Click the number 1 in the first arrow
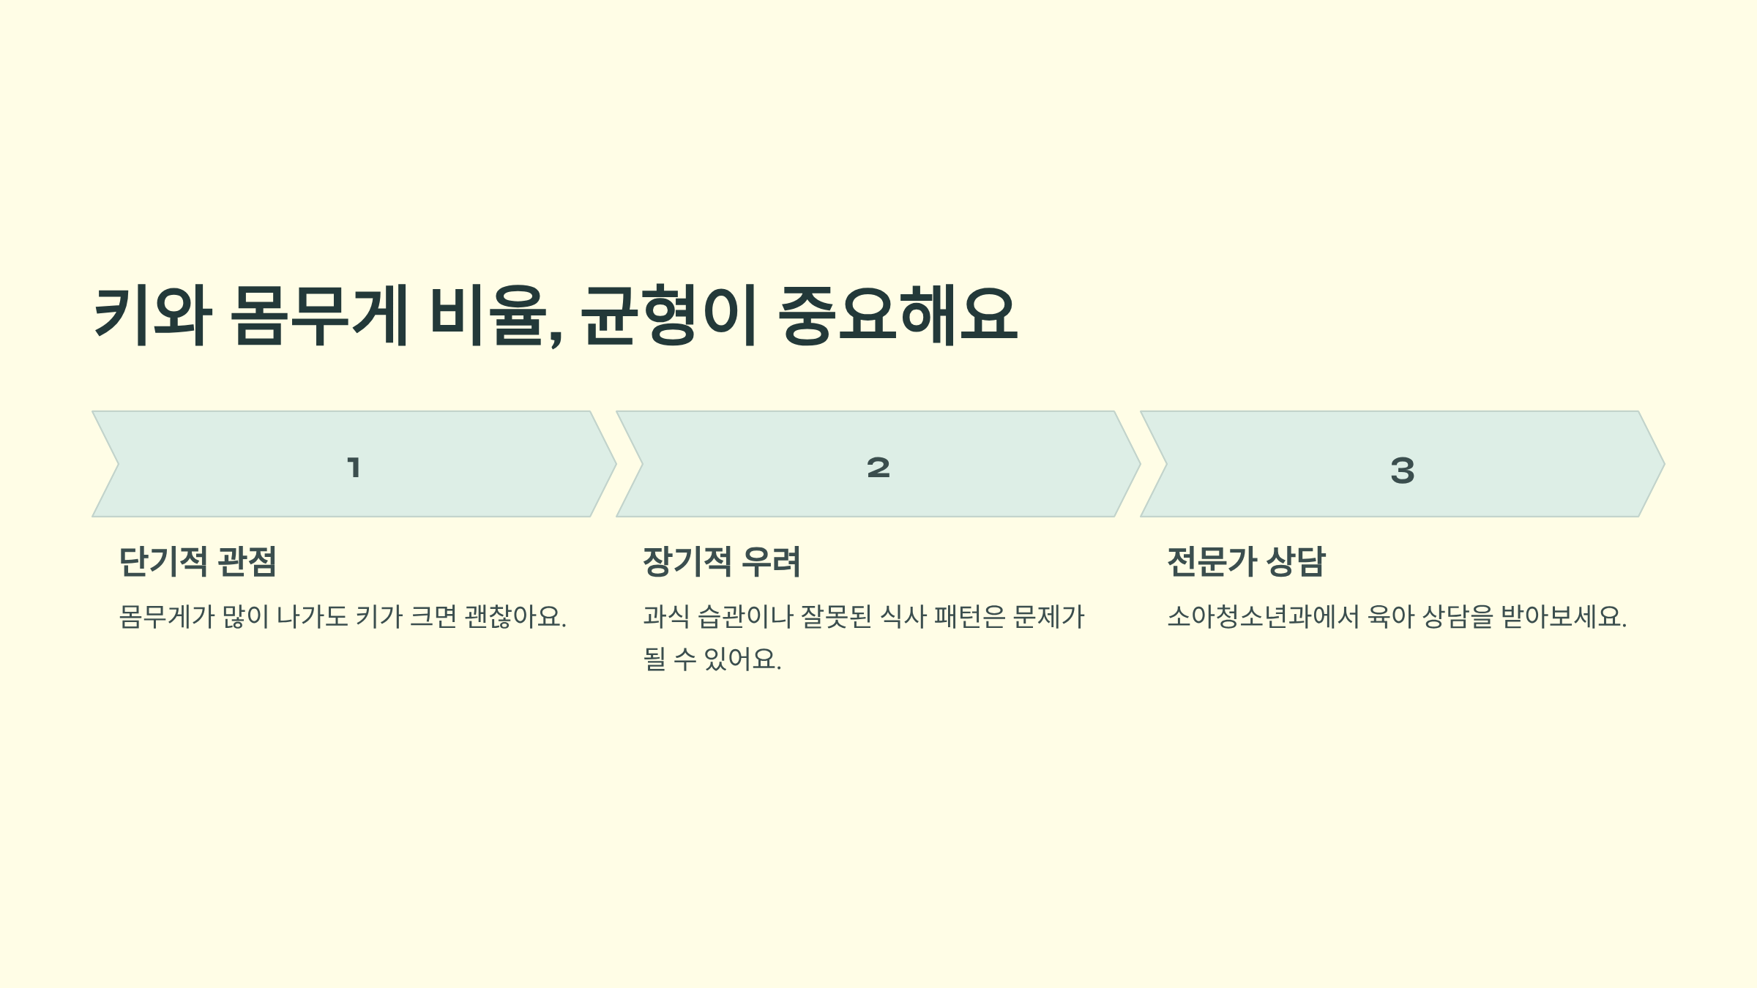354,467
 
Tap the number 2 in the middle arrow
878,467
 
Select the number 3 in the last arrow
1403,470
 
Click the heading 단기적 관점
198,562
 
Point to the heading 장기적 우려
722,562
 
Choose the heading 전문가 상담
1246,562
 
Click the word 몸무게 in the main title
319,316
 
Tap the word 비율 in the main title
488,316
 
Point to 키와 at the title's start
152,316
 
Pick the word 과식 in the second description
666,617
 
